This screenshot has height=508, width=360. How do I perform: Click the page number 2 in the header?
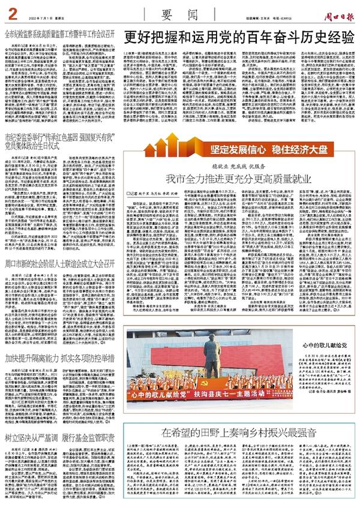(x=11, y=8)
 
